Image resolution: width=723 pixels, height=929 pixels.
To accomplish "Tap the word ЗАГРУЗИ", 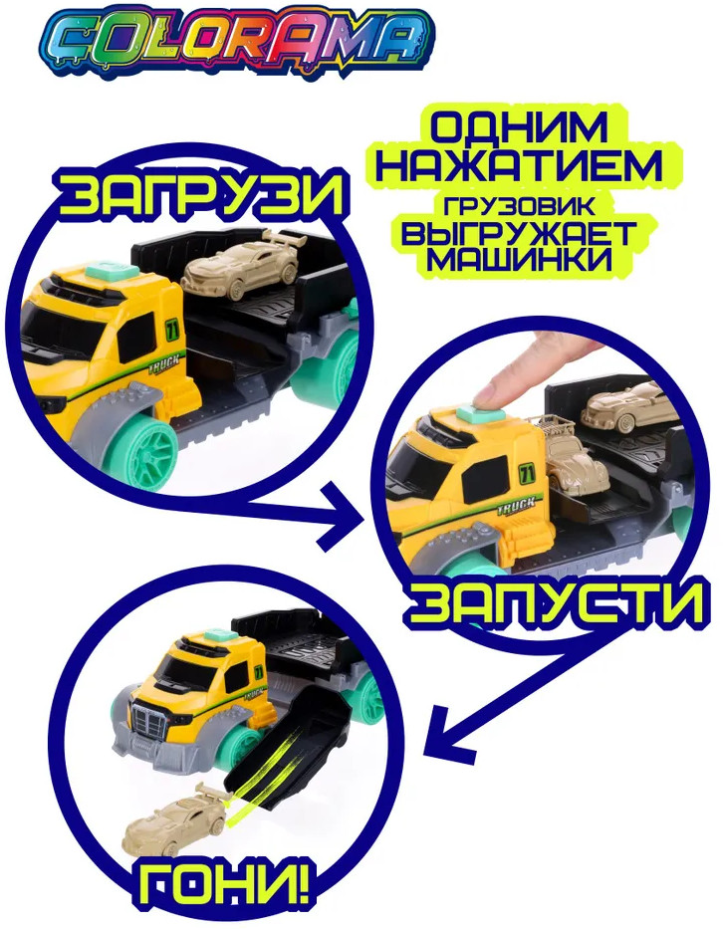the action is [201, 193].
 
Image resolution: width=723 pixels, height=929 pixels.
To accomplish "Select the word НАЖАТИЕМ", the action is [519, 165].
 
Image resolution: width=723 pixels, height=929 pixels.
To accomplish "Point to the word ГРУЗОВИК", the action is [519, 205].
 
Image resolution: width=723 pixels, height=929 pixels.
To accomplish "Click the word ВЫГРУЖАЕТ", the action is [519, 234].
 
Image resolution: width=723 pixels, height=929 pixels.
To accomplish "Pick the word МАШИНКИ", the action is [519, 261].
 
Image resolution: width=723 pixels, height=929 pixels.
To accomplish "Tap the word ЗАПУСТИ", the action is [556, 602].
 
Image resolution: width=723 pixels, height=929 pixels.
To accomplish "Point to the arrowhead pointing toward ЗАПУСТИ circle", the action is [342, 517].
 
